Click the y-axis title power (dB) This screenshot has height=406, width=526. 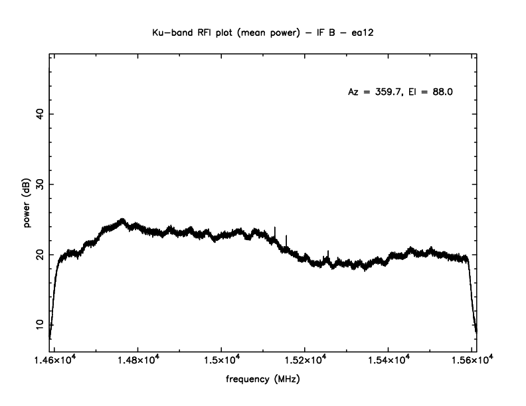(x=28, y=204)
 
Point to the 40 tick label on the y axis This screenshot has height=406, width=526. (x=39, y=114)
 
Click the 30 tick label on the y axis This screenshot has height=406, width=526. (x=39, y=184)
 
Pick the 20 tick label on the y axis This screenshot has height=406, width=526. (x=39, y=255)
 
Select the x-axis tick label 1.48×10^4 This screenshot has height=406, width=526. (x=137, y=360)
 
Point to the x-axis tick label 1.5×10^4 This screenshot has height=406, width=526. (x=221, y=360)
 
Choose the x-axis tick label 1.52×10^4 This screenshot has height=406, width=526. (x=304, y=360)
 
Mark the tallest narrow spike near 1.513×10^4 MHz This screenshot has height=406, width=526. (x=275, y=228)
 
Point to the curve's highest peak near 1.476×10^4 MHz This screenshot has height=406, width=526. (x=122, y=219)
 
